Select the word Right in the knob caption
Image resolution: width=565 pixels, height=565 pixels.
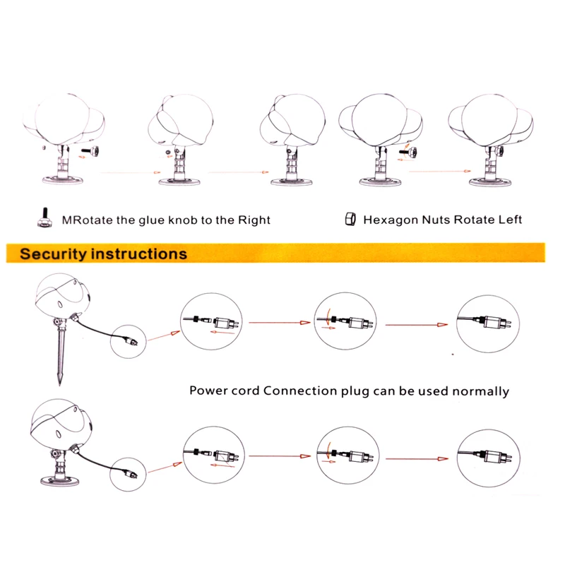[x=254, y=220]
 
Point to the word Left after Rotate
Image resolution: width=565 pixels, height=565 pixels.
[x=510, y=220]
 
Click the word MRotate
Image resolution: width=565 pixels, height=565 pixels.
[x=87, y=220]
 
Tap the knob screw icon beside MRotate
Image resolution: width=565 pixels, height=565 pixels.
[x=44, y=218]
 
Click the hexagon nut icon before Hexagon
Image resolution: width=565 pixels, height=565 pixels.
[x=350, y=219]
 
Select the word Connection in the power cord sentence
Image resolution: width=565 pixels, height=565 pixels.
[x=299, y=391]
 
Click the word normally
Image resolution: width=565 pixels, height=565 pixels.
[x=481, y=392]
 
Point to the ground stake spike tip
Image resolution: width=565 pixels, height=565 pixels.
[x=59, y=385]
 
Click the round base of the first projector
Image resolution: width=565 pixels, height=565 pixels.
[x=63, y=179]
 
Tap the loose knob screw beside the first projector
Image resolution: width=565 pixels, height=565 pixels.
[x=91, y=150]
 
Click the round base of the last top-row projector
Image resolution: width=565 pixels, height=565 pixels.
[x=490, y=182]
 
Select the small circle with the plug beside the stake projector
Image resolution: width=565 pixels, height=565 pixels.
[x=129, y=341]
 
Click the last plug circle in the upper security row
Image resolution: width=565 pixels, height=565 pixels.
[x=488, y=323]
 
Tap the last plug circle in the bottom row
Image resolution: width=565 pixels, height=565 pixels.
[x=488, y=458]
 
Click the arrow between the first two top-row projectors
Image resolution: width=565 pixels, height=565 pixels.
[x=130, y=172]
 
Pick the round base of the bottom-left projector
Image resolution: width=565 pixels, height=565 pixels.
[x=60, y=480]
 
